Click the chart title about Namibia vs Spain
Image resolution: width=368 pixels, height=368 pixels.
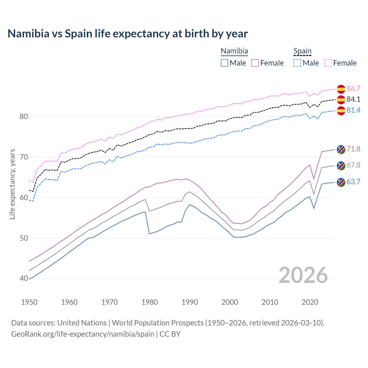tap(127, 34)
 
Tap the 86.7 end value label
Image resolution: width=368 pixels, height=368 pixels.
tap(353, 89)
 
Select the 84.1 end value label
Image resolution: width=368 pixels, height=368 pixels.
tap(353, 99)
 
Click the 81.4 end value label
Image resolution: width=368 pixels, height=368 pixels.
tap(353, 110)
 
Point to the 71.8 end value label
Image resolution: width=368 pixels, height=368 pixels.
tap(353, 149)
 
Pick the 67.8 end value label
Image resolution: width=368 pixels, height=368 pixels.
tap(353, 165)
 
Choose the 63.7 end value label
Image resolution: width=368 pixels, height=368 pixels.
tap(353, 182)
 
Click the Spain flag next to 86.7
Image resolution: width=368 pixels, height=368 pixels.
tap(341, 89)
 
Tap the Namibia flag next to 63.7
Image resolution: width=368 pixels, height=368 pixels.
tap(341, 182)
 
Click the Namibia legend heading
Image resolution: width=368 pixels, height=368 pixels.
tap(234, 51)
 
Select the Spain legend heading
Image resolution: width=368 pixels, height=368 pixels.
tap(302, 51)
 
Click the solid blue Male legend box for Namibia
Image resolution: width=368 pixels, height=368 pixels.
tap(225, 63)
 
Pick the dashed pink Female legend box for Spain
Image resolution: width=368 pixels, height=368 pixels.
tap(328, 63)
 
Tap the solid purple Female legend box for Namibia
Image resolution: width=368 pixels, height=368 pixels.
tap(255, 63)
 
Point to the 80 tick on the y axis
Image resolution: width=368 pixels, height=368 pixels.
tap(24, 116)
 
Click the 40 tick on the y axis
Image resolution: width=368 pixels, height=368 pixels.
tap(24, 278)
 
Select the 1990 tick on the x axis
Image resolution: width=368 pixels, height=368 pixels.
tap(190, 302)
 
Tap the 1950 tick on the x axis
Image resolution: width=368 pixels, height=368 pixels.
tap(30, 302)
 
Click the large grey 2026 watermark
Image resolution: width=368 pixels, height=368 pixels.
tap(303, 275)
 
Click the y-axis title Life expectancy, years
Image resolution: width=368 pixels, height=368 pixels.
tap(12, 184)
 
